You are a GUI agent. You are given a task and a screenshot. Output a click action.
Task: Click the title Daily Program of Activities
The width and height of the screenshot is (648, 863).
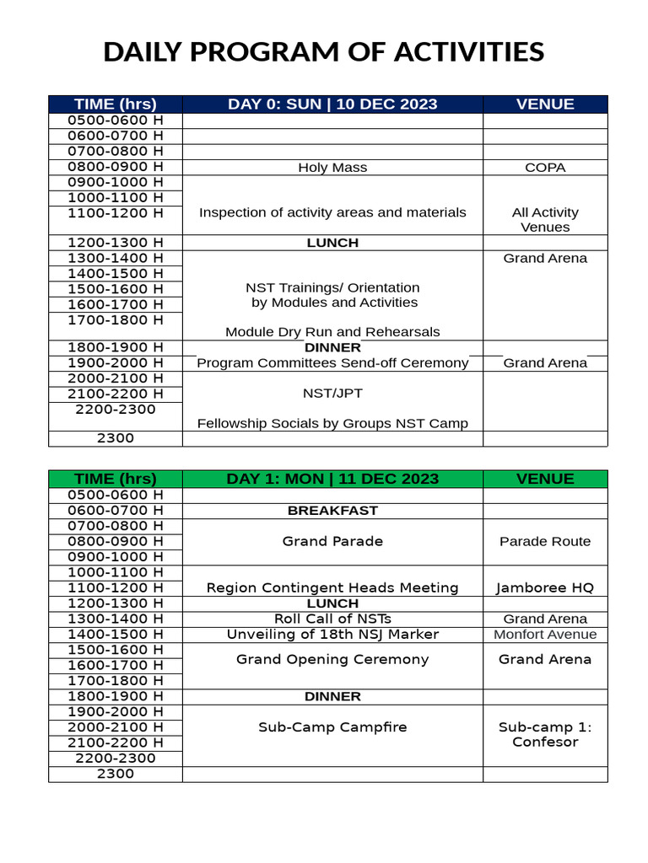point(324,52)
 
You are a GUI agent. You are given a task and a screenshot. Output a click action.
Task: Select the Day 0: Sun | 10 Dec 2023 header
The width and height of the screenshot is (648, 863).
point(332,105)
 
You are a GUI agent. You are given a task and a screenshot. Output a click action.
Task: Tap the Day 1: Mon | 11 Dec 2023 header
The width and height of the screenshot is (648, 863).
point(332,479)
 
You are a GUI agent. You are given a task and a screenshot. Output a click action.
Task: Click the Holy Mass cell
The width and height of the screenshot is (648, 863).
point(332,168)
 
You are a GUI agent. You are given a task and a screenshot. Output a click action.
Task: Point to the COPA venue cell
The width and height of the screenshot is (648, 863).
point(545,168)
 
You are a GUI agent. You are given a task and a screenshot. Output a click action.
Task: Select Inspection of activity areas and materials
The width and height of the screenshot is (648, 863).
point(332,212)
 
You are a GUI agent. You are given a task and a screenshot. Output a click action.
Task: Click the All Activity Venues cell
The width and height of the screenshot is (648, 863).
point(545,220)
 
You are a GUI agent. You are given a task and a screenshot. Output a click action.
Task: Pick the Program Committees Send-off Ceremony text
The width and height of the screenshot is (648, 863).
point(332,363)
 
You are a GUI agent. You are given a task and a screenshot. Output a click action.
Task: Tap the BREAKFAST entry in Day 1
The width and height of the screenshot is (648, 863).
point(332,511)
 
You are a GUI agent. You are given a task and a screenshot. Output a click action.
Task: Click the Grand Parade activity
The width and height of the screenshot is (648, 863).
point(332,541)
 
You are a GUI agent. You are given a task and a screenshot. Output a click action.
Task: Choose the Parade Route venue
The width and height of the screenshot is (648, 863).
point(545,541)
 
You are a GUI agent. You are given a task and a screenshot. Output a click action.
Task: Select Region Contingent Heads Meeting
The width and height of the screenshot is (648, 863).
point(332,587)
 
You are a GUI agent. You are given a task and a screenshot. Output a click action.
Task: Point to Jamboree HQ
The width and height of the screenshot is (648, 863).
point(545,587)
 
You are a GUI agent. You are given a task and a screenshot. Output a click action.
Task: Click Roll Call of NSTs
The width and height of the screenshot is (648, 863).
point(332,619)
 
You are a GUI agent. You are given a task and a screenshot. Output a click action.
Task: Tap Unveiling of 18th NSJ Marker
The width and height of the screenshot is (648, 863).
point(332,635)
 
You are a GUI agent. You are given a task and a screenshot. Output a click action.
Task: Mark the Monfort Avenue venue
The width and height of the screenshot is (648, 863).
point(545,635)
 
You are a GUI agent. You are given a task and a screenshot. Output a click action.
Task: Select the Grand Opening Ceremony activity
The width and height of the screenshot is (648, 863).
point(332,659)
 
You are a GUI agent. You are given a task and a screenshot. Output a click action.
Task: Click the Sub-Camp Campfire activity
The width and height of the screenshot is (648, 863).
point(332,726)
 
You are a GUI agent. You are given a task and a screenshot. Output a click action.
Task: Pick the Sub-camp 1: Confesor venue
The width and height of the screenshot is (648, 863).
point(545,734)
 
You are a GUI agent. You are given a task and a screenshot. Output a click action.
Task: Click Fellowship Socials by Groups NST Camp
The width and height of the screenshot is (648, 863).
point(332,423)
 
